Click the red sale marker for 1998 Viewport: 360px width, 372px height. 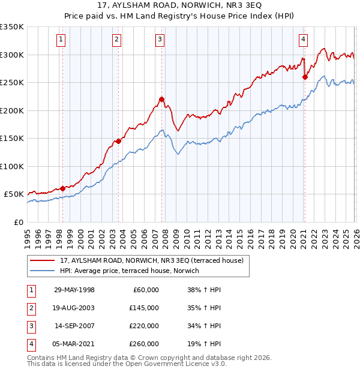tap(63, 188)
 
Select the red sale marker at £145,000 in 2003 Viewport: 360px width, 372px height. tap(118, 141)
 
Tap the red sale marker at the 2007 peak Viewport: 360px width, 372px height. tap(161, 99)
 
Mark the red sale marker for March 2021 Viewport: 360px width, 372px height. tap(305, 77)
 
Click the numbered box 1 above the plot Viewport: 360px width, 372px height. tap(61, 40)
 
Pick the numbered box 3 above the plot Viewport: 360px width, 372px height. tap(160, 40)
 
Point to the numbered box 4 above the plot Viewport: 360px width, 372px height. tap(304, 40)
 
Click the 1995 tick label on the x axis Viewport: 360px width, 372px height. tap(28, 235)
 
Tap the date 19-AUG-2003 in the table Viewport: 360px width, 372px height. tap(74, 308)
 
